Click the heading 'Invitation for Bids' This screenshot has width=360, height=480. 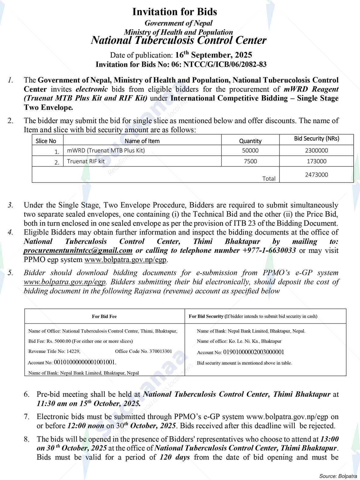[175, 12]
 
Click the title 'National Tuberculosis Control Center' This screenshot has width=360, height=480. [179, 40]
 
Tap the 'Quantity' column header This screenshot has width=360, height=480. [250, 141]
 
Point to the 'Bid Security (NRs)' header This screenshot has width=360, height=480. [316, 139]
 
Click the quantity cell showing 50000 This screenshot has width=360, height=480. [250, 150]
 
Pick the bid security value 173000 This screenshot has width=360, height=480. [316, 161]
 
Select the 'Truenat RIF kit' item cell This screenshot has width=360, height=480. [86, 161]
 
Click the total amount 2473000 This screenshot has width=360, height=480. [316, 175]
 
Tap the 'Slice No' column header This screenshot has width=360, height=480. [46, 141]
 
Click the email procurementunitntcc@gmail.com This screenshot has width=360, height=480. [78, 251]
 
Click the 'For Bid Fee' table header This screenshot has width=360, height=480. [104, 316]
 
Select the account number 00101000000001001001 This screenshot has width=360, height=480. [85, 362]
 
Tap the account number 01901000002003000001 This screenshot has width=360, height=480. [254, 352]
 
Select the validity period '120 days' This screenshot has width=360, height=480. [175, 457]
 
